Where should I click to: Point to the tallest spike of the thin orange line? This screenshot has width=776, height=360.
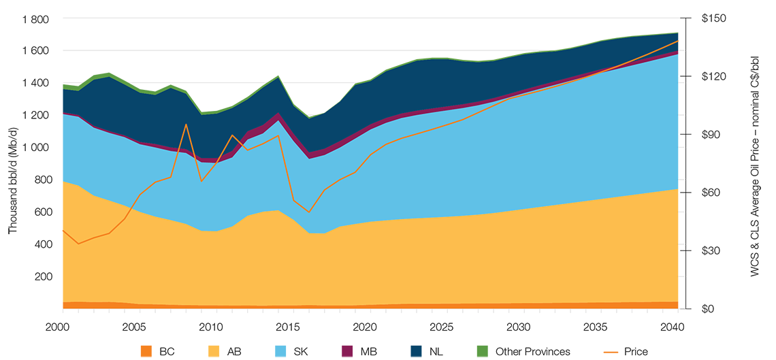(x=186, y=125)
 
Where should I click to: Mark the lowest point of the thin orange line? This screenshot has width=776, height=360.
(x=79, y=244)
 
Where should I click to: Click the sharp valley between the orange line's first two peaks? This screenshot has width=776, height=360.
(x=201, y=181)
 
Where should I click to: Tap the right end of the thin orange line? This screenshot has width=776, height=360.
(x=680, y=40)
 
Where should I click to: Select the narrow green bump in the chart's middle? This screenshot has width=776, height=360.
(x=276, y=70)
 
